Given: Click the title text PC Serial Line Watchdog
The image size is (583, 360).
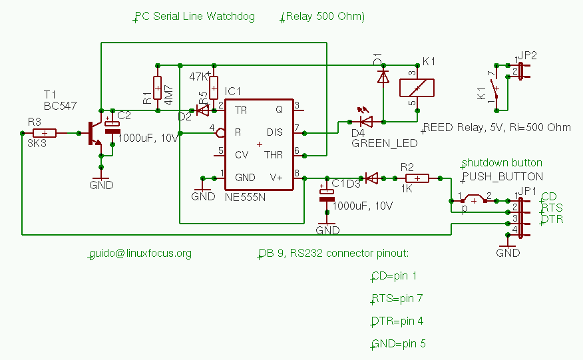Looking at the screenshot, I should coord(195,17).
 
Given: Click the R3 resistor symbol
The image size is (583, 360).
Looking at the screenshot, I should coord(45,133).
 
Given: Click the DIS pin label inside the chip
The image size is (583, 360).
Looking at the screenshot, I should coord(275,132).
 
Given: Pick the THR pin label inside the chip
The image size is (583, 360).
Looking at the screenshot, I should coord(274,154).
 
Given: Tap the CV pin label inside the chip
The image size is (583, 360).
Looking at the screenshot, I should coord(242,154).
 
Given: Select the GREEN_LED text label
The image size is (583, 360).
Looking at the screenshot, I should coord(385,142).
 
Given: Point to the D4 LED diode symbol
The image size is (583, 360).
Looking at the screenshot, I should coord(366,121).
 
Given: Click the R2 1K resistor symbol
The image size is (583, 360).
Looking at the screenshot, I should coord(417,178).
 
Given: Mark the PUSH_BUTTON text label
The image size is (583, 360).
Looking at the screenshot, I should coord(503,176).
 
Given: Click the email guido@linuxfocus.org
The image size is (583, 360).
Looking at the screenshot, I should coord(140,254).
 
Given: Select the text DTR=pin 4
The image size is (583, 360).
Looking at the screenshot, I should coord(398,321).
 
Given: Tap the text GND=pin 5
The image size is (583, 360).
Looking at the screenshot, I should coord(399,344).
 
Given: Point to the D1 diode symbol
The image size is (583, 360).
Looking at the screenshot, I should coord(383,77).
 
